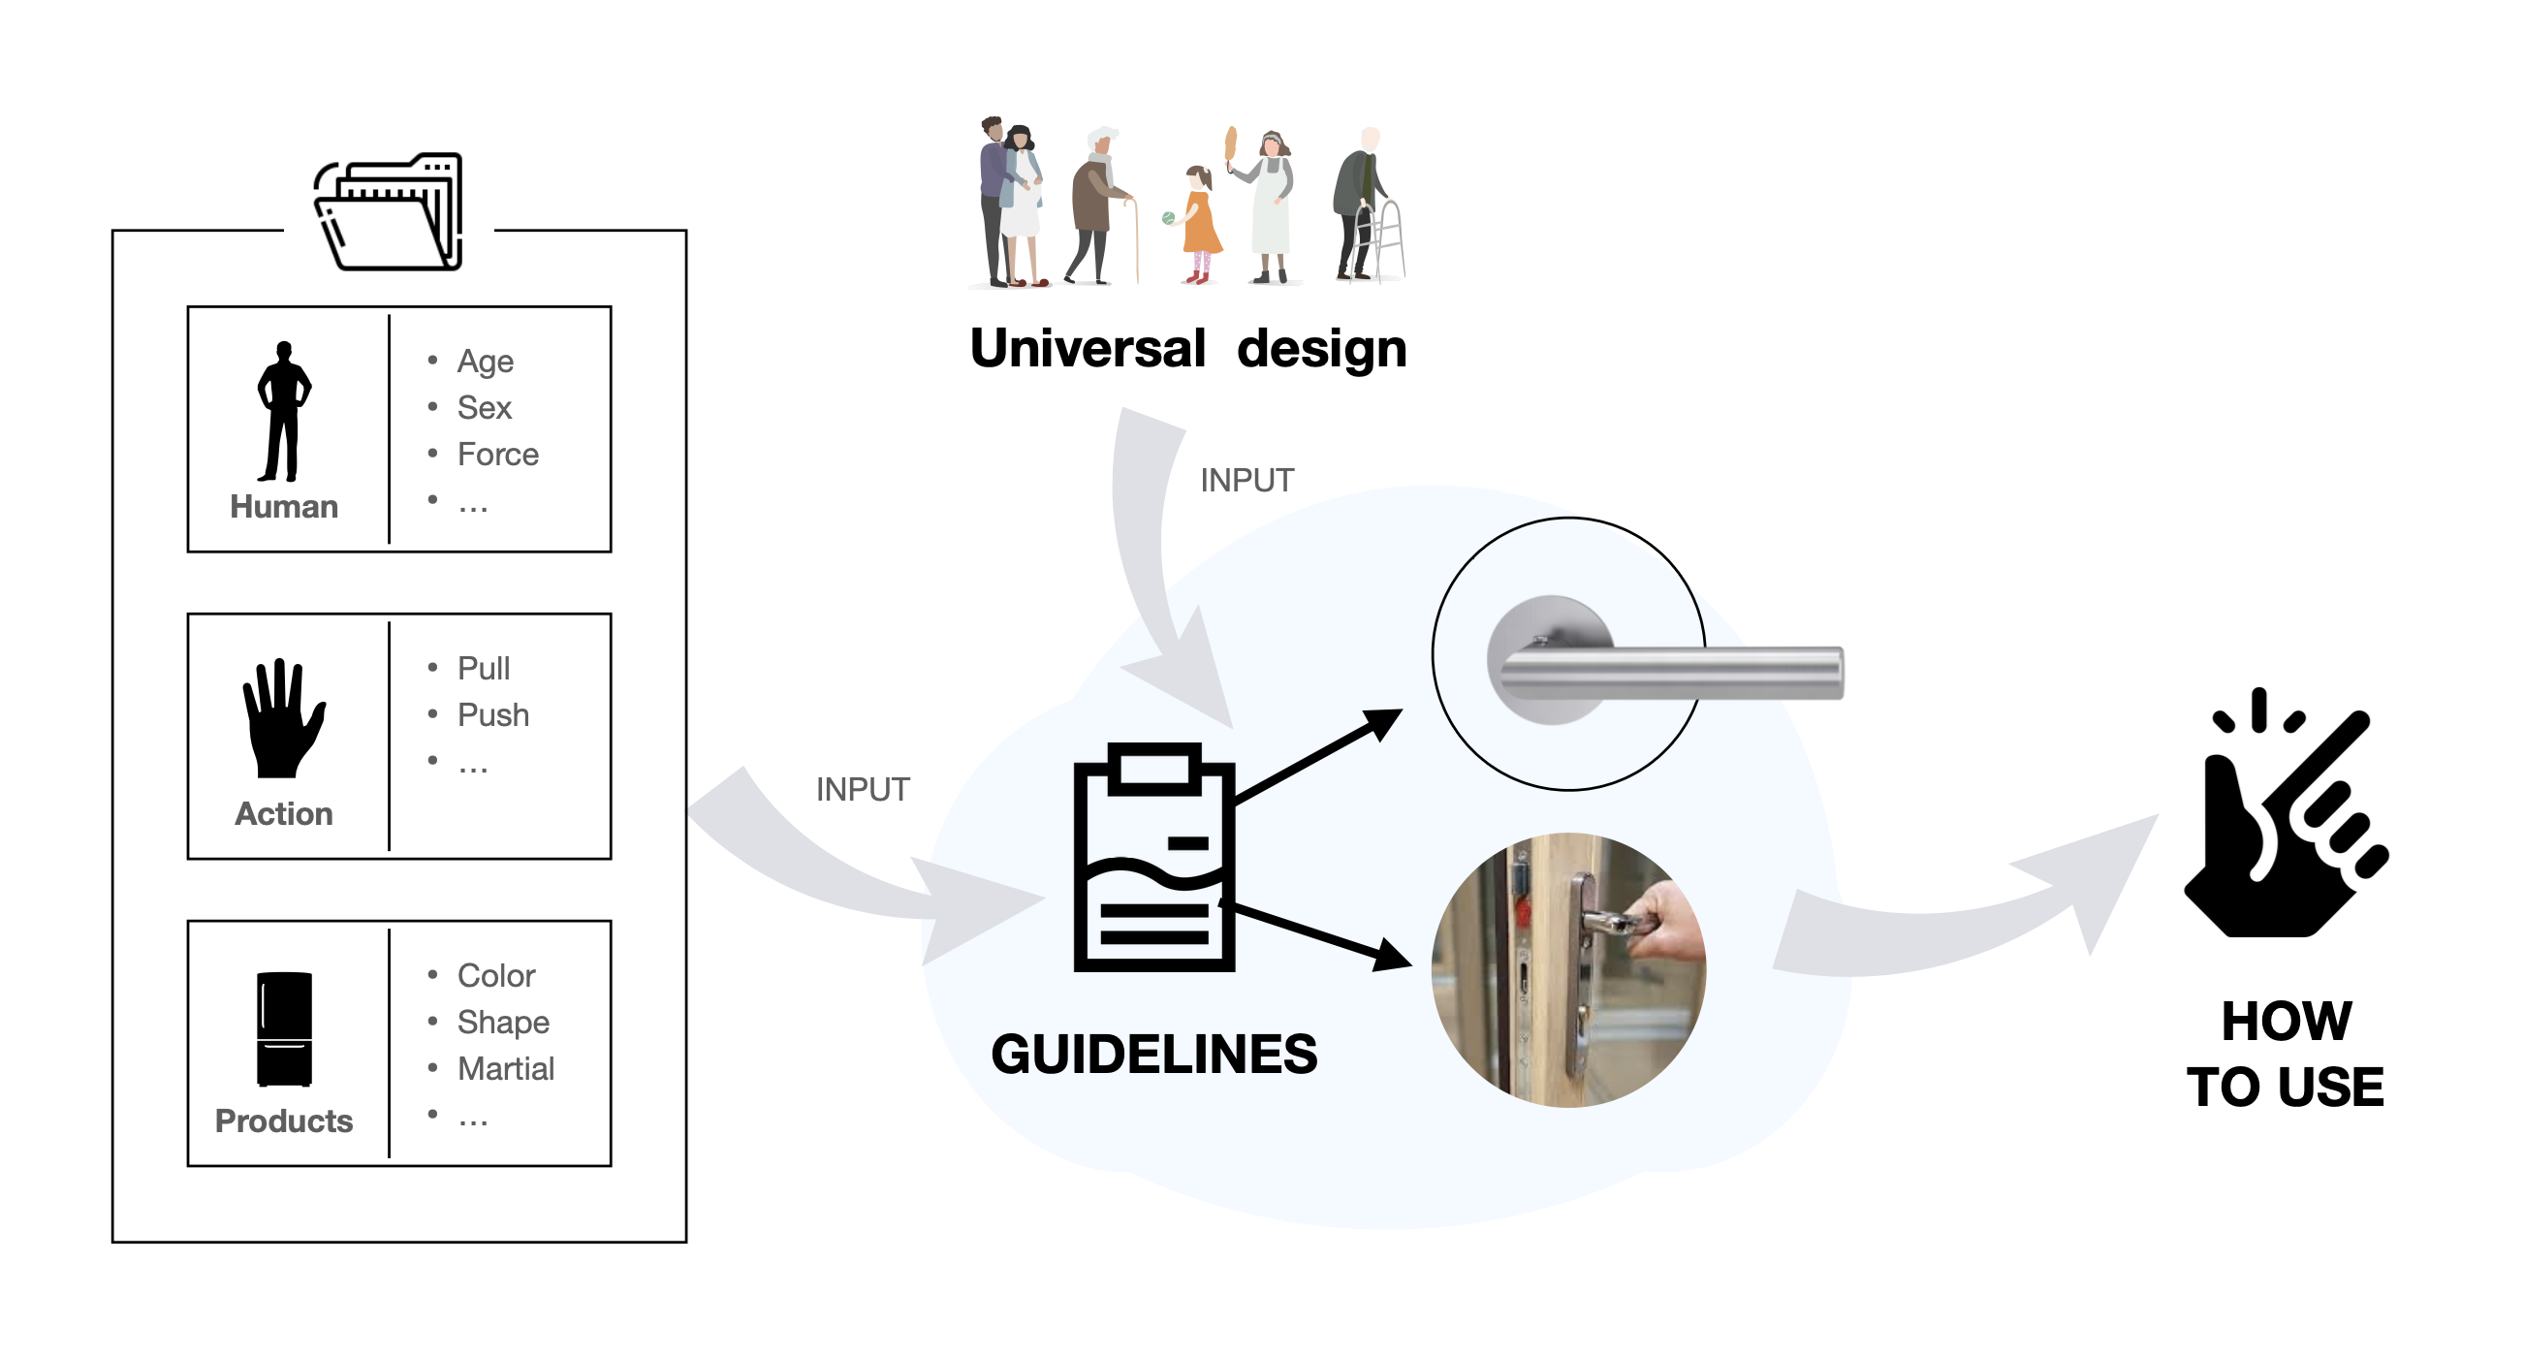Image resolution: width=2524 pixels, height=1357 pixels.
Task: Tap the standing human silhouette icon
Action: (283, 412)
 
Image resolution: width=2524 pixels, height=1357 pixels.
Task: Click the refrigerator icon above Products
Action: (284, 1028)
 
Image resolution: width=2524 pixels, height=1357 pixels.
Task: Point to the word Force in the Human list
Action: (498, 455)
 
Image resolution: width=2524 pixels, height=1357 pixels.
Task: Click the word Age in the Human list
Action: (485, 362)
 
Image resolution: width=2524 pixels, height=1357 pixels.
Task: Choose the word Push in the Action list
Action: (492, 715)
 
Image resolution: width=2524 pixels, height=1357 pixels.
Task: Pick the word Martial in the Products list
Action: (506, 1069)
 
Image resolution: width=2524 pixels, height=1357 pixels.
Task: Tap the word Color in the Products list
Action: (496, 976)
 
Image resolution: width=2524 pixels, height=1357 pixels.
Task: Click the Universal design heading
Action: (1187, 349)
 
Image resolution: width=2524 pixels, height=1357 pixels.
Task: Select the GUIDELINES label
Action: (1153, 1056)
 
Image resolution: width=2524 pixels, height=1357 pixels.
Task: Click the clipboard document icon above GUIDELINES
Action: (1153, 857)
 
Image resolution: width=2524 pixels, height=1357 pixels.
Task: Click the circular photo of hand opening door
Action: (1567, 970)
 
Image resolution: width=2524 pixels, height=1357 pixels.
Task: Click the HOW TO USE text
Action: (2286, 1055)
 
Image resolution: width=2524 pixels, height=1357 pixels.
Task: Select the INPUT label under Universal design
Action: (1246, 481)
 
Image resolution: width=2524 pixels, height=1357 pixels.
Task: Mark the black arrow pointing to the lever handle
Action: (1318, 754)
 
